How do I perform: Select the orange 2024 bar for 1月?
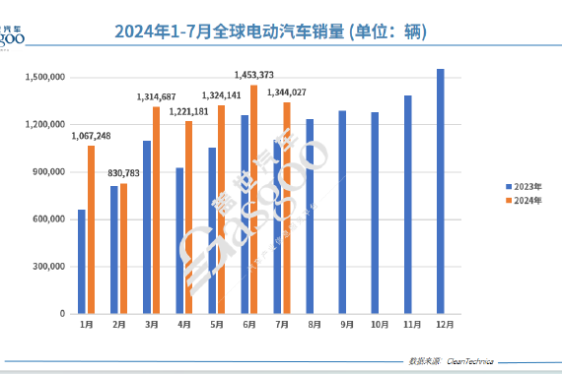coord(92,229)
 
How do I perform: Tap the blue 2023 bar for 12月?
coord(440,191)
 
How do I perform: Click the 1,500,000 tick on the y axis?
coord(45,77)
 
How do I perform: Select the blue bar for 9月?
coord(342,212)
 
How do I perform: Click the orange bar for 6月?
coord(254,199)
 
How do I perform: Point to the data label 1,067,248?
coord(91,136)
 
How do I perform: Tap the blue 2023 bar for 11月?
coord(407,205)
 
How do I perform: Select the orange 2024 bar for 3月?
coord(156,210)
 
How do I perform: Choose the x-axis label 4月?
coord(183,324)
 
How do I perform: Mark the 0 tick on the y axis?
coord(62,314)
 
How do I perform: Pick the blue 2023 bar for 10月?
coord(375,213)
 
